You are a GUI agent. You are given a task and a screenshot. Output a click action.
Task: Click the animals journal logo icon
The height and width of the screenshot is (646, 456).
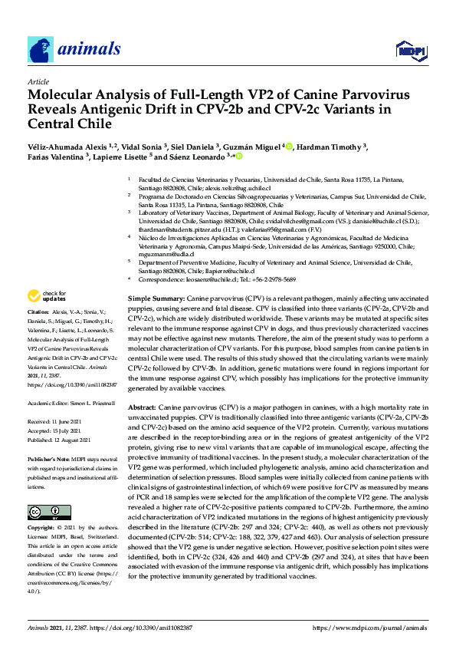[41, 50]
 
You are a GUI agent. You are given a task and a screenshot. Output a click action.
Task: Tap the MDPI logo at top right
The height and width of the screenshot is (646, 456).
[410, 51]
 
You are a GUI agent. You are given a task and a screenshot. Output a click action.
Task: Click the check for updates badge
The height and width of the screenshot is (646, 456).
[48, 296]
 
